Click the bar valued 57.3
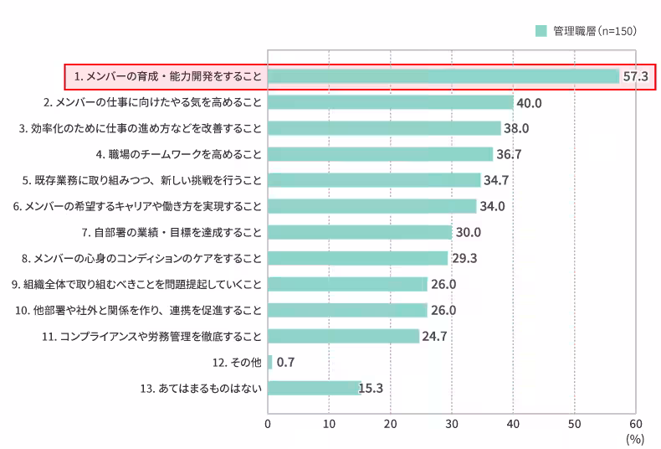pyautogui.click(x=443, y=76)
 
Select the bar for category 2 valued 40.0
pyautogui.click(x=390, y=102)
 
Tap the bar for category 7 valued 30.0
pyautogui.click(x=360, y=232)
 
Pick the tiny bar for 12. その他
pyautogui.click(x=270, y=362)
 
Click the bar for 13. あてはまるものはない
pyautogui.click(x=314, y=388)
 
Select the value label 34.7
pyautogui.click(x=497, y=180)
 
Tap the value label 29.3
pyautogui.click(x=464, y=258)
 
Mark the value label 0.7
pyautogui.click(x=285, y=362)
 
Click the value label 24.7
pyautogui.click(x=434, y=336)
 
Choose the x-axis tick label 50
pyautogui.click(x=574, y=424)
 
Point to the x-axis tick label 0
pyautogui.click(x=268, y=424)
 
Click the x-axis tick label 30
pyautogui.click(x=452, y=424)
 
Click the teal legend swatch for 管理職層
pyautogui.click(x=541, y=30)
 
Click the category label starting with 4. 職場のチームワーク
pyautogui.click(x=180, y=154)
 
